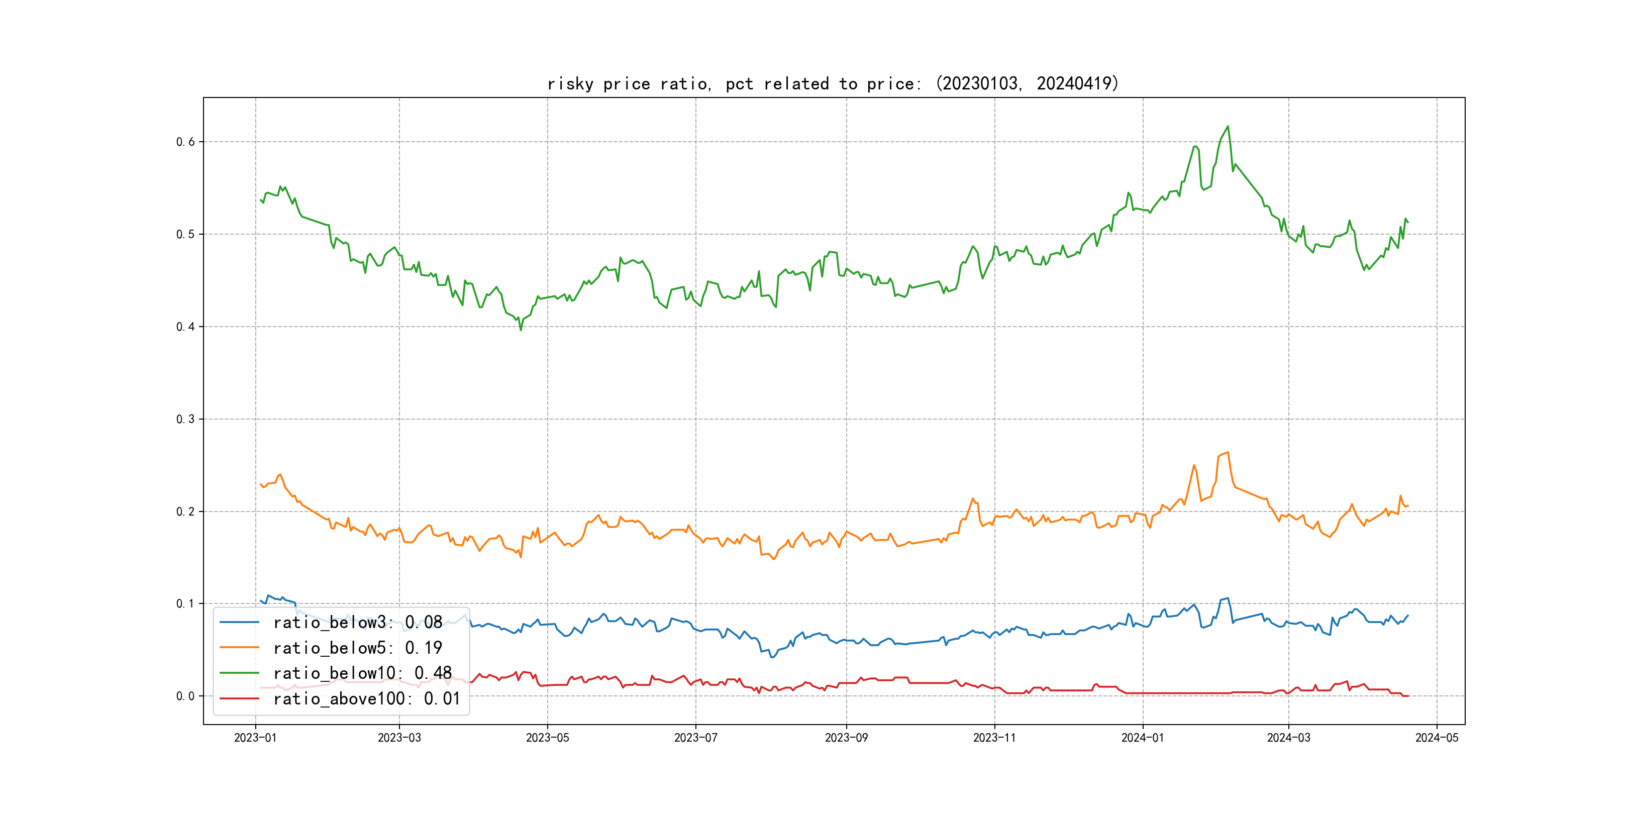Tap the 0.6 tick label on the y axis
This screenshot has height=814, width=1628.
pyautogui.click(x=185, y=142)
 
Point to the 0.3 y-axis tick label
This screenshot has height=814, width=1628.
pyautogui.click(x=185, y=419)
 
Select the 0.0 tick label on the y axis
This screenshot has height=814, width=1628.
pyautogui.click(x=185, y=696)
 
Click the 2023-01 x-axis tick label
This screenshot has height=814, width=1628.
pyautogui.click(x=255, y=738)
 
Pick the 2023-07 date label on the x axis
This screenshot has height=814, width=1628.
pyautogui.click(x=695, y=738)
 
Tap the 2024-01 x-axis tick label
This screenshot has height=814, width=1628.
pyautogui.click(x=1142, y=738)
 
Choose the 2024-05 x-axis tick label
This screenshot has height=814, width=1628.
pyautogui.click(x=1437, y=738)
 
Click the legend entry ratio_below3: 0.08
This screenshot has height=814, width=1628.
pyautogui.click(x=357, y=623)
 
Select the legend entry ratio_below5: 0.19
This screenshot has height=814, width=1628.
pyautogui.click(x=357, y=648)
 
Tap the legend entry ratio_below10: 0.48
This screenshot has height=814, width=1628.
pyautogui.click(x=362, y=673)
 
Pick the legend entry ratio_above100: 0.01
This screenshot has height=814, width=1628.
pyautogui.click(x=367, y=698)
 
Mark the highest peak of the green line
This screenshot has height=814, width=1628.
pyautogui.click(x=1228, y=127)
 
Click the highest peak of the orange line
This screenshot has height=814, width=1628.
pyautogui.click(x=1228, y=453)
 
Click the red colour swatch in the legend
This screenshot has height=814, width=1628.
pyautogui.click(x=239, y=698)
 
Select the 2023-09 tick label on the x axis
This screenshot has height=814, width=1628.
pyautogui.click(x=846, y=738)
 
